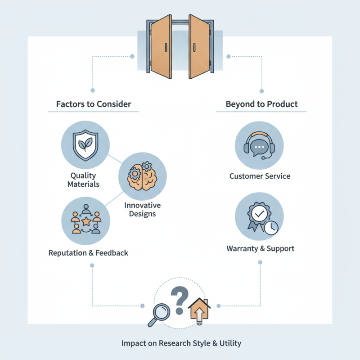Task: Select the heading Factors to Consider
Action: point(94,104)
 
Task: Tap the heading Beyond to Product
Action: point(261,104)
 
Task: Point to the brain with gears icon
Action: point(142,175)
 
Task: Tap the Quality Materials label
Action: point(84,180)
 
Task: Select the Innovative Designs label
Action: point(142,209)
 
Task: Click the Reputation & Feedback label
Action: point(88,253)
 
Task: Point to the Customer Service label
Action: point(260,176)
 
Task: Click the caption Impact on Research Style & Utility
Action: point(181,343)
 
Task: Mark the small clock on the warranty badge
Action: point(270,229)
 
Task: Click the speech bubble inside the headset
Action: point(260,147)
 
